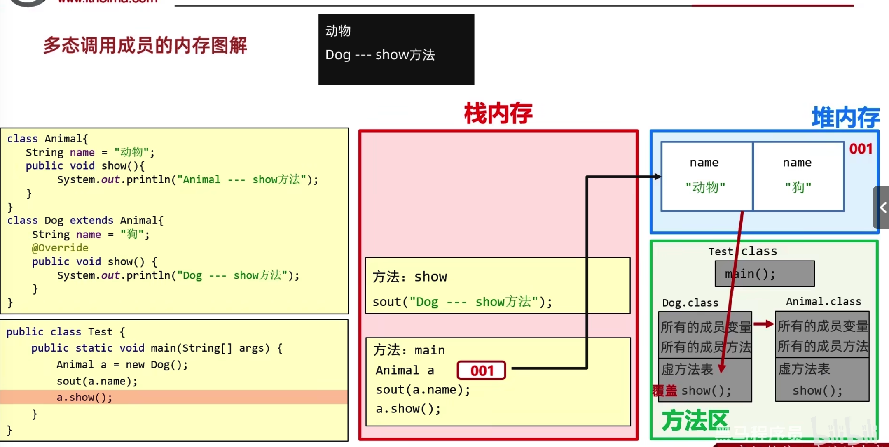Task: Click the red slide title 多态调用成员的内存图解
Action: click(145, 45)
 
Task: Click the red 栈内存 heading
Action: click(498, 113)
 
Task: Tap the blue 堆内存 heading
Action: click(845, 117)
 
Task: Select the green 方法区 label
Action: click(695, 420)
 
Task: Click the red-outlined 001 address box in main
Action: click(481, 370)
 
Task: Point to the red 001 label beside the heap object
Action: click(861, 149)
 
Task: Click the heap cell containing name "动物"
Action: click(706, 176)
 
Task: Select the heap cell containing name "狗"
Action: click(798, 176)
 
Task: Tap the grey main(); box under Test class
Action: click(764, 274)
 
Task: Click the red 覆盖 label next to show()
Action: click(664, 390)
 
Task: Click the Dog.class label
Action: click(690, 303)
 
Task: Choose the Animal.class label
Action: click(823, 302)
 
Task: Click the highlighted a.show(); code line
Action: click(84, 397)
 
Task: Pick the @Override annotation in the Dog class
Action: click(60, 248)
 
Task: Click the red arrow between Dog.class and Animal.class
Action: click(763, 324)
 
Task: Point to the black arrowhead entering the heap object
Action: click(657, 177)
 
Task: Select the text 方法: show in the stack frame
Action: click(409, 277)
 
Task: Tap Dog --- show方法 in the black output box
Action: click(380, 55)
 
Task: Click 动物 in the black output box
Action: click(338, 31)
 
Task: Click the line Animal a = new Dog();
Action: click(122, 365)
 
